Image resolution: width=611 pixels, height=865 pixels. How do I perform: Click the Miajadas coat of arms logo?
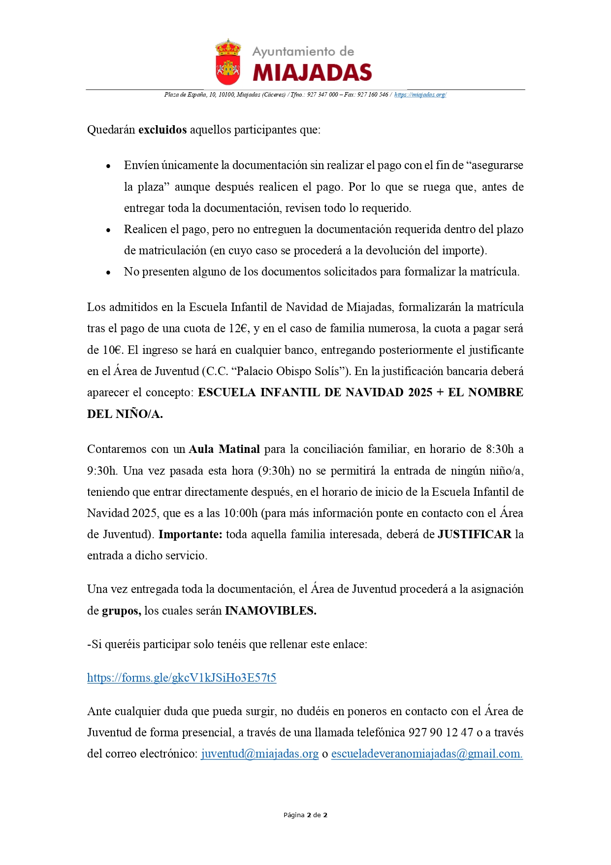pos(227,62)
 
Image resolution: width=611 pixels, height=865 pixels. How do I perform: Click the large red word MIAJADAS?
pos(312,73)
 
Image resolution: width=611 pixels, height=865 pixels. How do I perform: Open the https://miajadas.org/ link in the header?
pos(420,95)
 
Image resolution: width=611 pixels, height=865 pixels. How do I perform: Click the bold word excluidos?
pos(162,130)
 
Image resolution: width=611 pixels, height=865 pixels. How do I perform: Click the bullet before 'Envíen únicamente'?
pos(108,166)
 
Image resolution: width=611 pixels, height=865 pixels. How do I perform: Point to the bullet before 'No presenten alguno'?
pos(108,273)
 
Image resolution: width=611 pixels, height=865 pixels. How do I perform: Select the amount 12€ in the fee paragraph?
pos(239,328)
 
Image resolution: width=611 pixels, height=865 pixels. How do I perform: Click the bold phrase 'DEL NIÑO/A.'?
pos(125,414)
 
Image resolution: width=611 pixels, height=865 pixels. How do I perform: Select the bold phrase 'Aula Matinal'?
pos(225,449)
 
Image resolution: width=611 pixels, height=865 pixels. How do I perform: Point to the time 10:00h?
pos(241,513)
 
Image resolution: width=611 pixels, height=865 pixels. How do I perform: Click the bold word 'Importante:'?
pos(191,534)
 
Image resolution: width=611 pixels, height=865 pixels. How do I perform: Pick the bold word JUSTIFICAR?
pos(475,534)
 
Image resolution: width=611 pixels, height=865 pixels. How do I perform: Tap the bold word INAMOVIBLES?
pos(271,611)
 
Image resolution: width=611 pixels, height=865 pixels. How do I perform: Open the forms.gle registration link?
pos(182,678)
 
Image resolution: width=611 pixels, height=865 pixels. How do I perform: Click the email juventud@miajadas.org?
pos(260,754)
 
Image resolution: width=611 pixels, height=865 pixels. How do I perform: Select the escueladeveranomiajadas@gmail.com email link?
pos(427,754)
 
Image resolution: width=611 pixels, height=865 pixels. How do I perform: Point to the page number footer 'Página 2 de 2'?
pos(305,815)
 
